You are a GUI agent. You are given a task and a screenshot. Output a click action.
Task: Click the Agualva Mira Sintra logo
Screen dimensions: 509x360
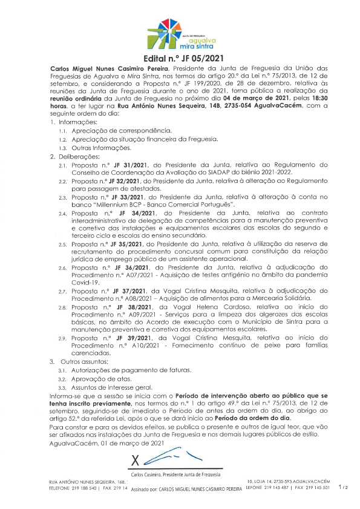[180, 35]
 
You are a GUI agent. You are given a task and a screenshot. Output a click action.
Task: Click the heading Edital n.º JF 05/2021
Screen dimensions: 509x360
[180, 59]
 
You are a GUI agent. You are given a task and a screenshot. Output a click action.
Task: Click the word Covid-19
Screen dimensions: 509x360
[85, 282]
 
